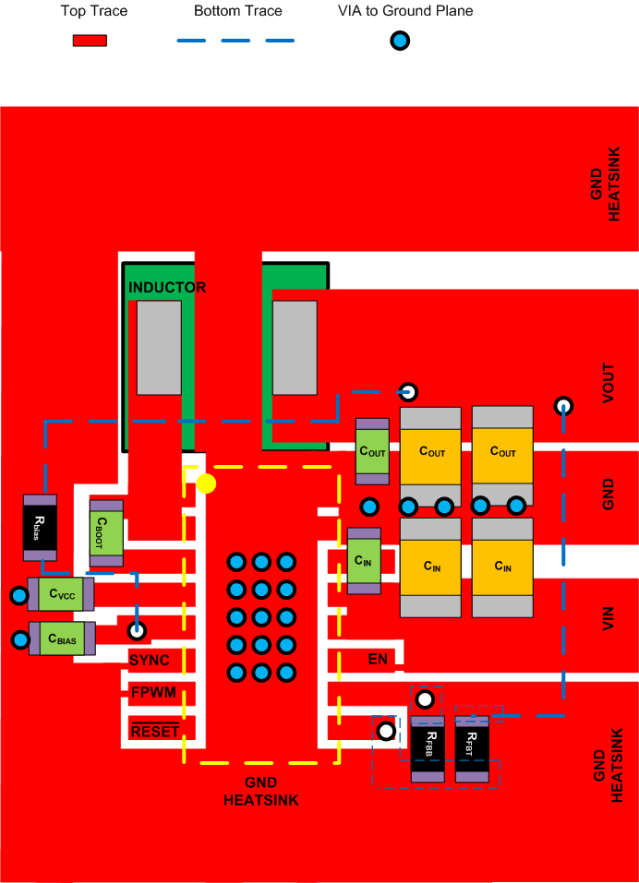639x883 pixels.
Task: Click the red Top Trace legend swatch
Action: click(90, 41)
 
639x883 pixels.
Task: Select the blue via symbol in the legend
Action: click(399, 41)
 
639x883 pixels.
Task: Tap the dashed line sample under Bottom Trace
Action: click(235, 41)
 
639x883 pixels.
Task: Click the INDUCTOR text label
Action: click(167, 288)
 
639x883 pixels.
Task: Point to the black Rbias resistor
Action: click(40, 527)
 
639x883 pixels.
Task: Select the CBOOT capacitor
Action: click(106, 533)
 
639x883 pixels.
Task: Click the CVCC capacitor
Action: click(61, 594)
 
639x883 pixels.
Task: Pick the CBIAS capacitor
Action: click(62, 638)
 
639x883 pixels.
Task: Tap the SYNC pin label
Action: click(149, 661)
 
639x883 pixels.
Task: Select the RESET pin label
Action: click(154, 732)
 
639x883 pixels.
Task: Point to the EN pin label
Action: click(378, 659)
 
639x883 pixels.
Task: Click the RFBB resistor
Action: click(428, 749)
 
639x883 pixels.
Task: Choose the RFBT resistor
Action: click(472, 749)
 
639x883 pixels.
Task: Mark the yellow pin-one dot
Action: click(206, 483)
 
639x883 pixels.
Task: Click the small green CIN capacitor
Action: click(364, 561)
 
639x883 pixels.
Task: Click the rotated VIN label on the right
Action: click(609, 617)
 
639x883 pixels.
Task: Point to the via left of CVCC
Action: click(18, 596)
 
